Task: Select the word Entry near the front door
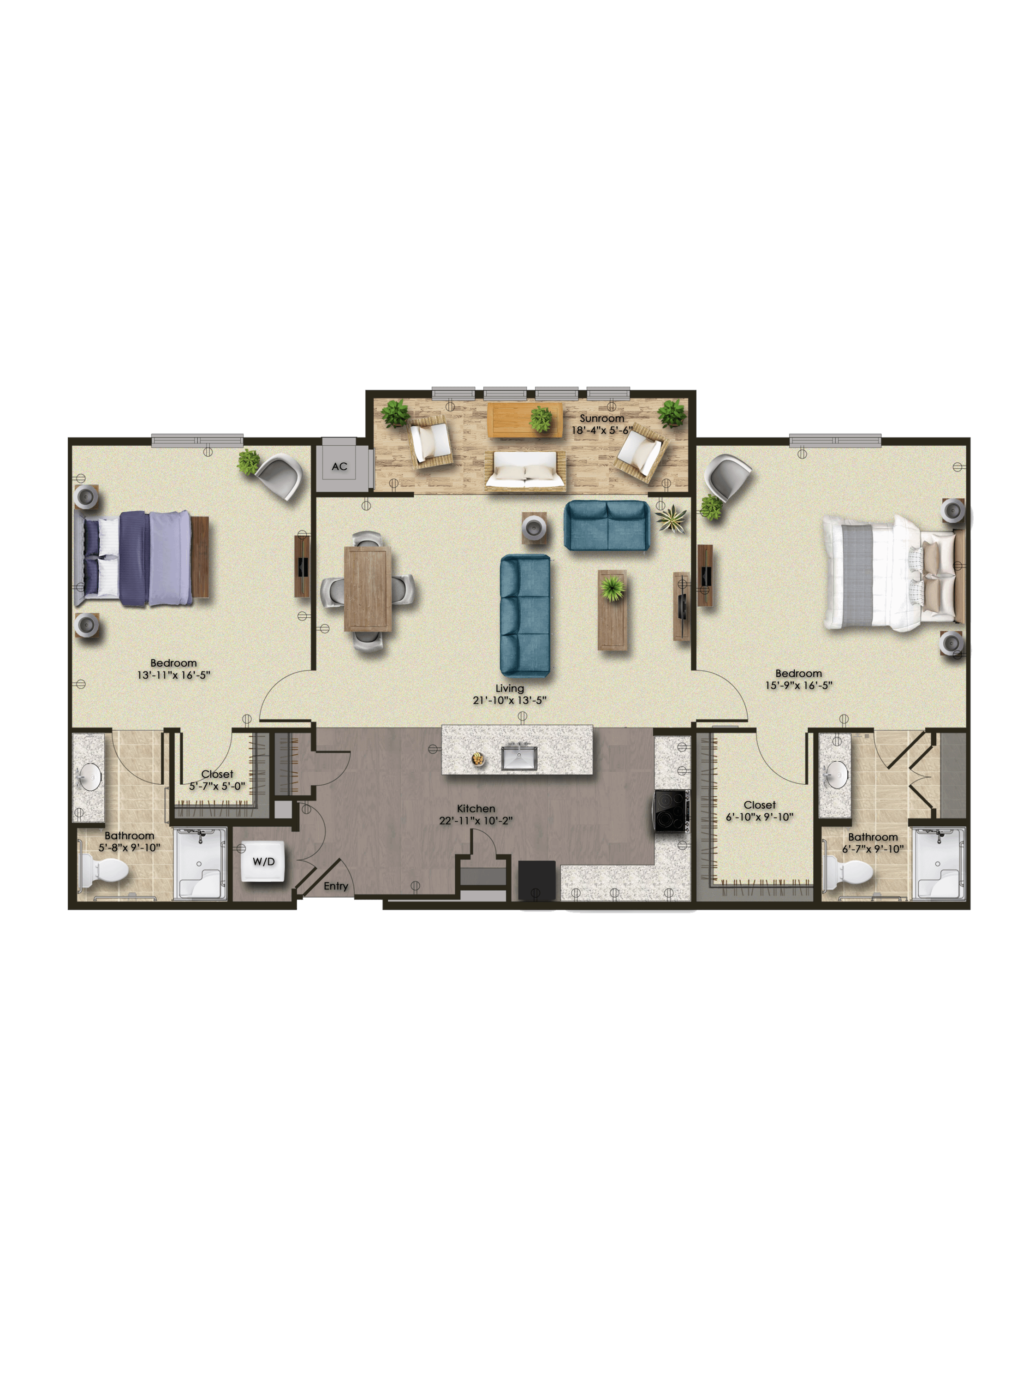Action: [336, 886]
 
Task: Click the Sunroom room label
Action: [601, 418]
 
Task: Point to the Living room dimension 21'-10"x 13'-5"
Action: [509, 700]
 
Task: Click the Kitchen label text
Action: [476, 808]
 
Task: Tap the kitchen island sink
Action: [518, 758]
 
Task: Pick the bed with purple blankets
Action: [141, 558]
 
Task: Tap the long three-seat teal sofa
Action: [525, 616]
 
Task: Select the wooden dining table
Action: [368, 589]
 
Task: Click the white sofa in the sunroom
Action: [525, 471]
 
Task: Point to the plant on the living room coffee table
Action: [612, 588]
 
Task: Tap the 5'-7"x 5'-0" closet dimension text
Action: [217, 786]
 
